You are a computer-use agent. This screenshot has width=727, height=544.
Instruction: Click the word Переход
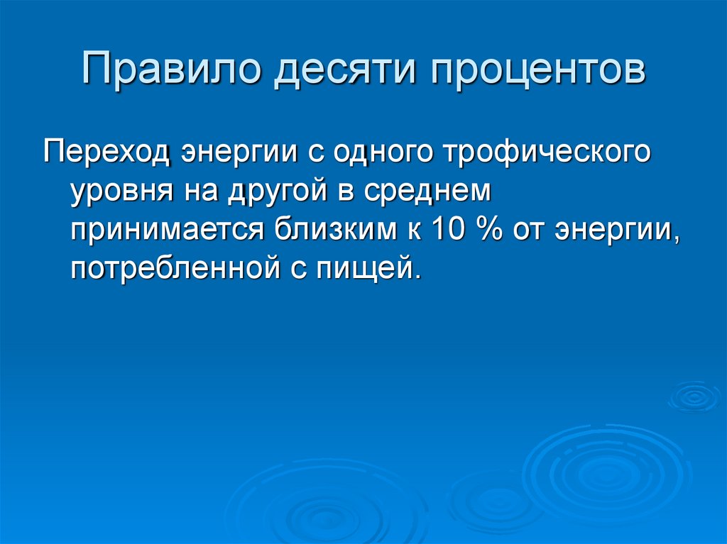(107, 152)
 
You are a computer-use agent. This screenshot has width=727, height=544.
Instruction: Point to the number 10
(448, 228)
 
